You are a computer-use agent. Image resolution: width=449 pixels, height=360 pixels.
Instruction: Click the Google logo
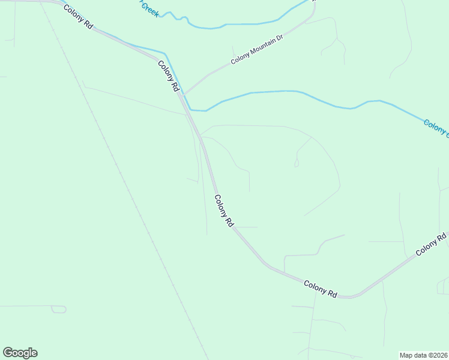(20, 353)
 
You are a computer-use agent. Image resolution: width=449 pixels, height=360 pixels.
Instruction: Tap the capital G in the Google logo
(8, 353)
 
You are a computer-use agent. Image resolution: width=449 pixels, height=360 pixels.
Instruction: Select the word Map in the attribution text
(408, 355)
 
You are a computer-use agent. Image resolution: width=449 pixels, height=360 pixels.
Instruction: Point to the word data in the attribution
(422, 355)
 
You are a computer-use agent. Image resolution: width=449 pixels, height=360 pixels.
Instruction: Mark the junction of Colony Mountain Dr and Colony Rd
(183, 94)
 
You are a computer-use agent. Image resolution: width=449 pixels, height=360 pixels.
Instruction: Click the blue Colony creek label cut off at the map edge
(435, 128)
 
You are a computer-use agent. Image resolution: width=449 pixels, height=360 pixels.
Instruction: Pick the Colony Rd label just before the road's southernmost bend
(321, 289)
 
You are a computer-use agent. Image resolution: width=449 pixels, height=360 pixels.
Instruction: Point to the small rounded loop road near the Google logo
(59, 309)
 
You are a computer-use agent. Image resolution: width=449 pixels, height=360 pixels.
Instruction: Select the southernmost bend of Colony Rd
(351, 296)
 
